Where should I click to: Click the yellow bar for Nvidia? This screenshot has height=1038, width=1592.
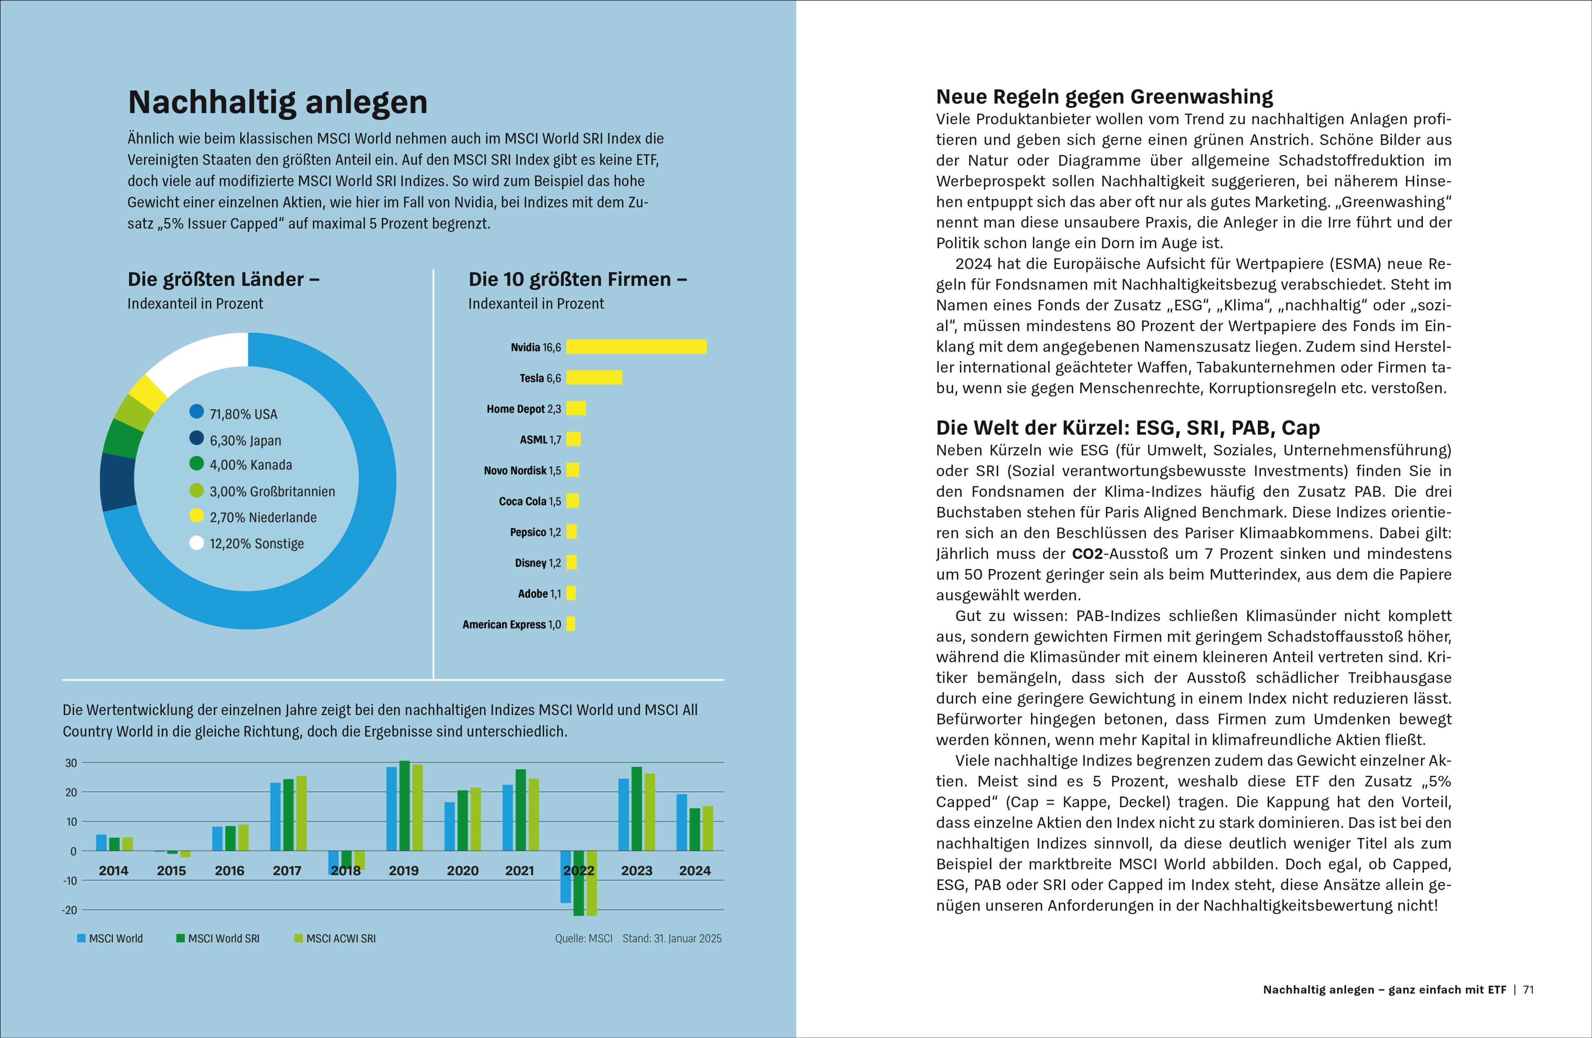(x=636, y=347)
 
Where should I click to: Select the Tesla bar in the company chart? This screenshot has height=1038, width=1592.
(x=594, y=377)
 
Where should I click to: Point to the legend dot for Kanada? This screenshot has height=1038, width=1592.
(x=196, y=464)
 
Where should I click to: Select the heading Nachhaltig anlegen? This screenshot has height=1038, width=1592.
(x=278, y=102)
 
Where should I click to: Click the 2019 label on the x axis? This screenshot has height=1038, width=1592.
(x=403, y=871)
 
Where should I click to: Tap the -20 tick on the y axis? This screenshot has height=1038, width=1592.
(x=69, y=910)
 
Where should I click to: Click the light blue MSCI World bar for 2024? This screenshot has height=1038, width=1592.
(x=682, y=823)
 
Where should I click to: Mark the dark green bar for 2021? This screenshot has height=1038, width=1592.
(x=520, y=810)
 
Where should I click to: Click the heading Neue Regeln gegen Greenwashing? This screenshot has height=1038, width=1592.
(x=1104, y=97)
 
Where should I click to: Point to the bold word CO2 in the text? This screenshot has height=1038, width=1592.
(x=1087, y=554)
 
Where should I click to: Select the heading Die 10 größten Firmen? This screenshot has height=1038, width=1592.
(x=577, y=280)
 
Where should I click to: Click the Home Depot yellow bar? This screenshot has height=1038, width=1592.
(x=576, y=408)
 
